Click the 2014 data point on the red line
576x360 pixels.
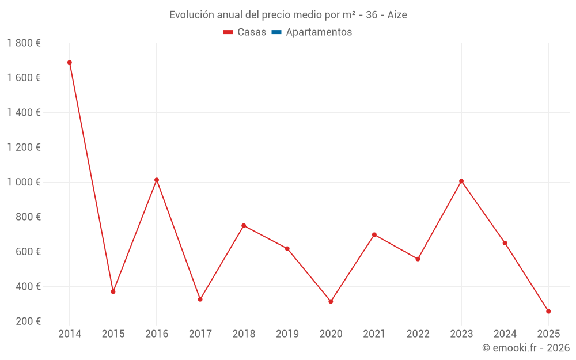tap(70, 62)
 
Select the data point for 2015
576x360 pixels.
tap(113, 291)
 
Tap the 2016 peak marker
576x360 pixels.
tap(157, 180)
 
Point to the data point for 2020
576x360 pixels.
tap(331, 301)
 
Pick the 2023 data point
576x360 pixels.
tap(461, 181)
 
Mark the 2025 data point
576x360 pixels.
tap(548, 311)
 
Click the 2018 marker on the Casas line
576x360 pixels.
tap(244, 225)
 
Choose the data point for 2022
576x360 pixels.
tap(418, 259)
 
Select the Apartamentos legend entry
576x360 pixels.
tap(319, 32)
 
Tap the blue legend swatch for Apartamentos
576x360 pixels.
tap(276, 32)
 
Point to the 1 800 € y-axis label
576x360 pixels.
tap(24, 43)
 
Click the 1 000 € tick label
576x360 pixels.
tap(24, 182)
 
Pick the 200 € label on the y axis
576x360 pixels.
tap(28, 321)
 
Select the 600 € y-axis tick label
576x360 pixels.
tap(28, 252)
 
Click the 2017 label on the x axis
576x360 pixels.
tap(200, 334)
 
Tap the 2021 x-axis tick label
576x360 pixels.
tap(374, 334)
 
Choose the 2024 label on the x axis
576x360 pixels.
tap(505, 334)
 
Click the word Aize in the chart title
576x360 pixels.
tap(397, 15)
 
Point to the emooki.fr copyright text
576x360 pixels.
tap(526, 347)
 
